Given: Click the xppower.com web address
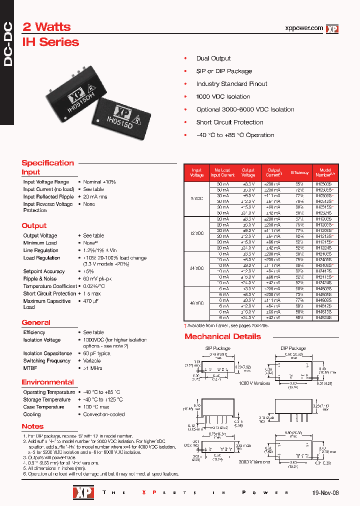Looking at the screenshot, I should (x=303, y=28).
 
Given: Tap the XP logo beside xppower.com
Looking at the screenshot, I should (x=332, y=29).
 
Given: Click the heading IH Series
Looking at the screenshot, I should (x=50, y=42).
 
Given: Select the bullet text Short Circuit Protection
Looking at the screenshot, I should (x=229, y=122).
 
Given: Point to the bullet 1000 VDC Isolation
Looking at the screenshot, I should (x=223, y=96).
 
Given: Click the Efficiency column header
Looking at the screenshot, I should (x=299, y=172).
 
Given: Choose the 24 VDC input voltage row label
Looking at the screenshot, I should (x=197, y=268).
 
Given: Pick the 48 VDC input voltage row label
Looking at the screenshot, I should (x=197, y=303).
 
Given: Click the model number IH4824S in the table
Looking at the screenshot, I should (x=323, y=317).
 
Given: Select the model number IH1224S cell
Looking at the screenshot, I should (x=323, y=247).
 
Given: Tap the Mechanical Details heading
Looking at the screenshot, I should (x=222, y=336).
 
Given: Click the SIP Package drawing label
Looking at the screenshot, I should (x=218, y=348).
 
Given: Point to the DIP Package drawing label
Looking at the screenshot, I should (x=293, y=348).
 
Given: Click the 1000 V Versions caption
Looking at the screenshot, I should (x=254, y=383).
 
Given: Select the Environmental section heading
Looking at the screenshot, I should (x=47, y=382).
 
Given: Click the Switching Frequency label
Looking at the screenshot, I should (x=46, y=360).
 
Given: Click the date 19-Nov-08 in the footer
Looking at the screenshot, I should (x=325, y=492).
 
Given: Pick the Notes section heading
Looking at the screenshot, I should (x=32, y=426).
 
